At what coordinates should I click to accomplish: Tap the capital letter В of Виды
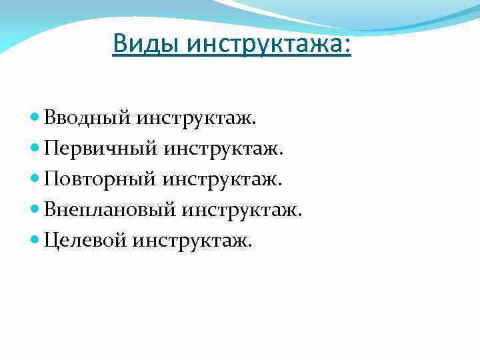pyautogui.click(x=120, y=43)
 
